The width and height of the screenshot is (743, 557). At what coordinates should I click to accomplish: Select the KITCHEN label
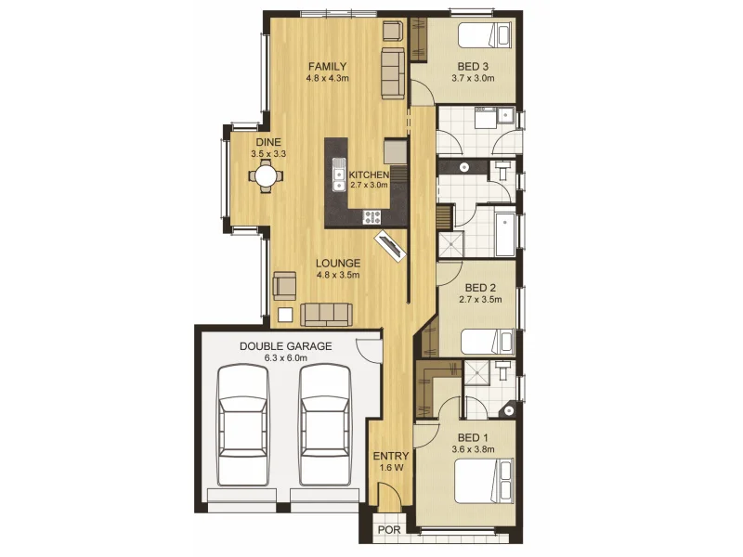point(369,175)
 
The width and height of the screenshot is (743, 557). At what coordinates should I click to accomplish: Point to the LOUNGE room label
point(337,263)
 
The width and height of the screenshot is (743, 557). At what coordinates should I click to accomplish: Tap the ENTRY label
point(390,456)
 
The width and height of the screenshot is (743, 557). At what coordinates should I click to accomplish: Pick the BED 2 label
point(480,288)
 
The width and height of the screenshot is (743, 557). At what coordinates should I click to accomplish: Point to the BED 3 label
point(473,67)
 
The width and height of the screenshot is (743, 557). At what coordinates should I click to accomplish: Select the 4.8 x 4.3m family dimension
point(327,79)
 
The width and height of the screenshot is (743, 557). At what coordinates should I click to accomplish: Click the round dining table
point(266,174)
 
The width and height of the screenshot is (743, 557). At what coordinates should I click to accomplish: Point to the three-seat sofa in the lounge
point(328,313)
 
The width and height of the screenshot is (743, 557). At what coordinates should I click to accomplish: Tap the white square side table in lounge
point(285,315)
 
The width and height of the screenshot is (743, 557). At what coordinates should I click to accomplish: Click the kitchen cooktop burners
point(372,217)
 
